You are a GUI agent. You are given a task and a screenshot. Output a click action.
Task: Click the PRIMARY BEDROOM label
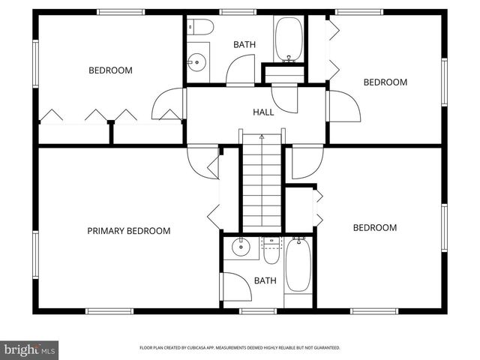coord(128,231)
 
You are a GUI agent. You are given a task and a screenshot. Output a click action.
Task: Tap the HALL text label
coord(263,112)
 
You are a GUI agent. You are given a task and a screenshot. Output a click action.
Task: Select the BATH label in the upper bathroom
coord(244,45)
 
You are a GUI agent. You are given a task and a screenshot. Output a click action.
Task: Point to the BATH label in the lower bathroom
coord(265,281)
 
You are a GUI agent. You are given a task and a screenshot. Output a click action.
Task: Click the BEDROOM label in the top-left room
coord(110,70)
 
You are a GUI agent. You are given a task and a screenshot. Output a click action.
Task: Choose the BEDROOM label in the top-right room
coord(385,82)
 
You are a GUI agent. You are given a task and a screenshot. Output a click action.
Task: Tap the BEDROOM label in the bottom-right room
coord(374,228)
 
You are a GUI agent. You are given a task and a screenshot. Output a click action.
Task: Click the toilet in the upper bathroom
coord(201,28)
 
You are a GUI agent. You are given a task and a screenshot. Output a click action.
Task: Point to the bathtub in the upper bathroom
coord(289,39)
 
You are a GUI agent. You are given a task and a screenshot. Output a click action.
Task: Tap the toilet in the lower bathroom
coord(271,250)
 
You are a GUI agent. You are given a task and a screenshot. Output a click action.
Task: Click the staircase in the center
coord(262,187)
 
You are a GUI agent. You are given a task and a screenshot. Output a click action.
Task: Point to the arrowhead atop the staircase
coord(262,137)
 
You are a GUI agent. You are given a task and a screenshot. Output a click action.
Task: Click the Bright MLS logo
coord(30,349)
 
